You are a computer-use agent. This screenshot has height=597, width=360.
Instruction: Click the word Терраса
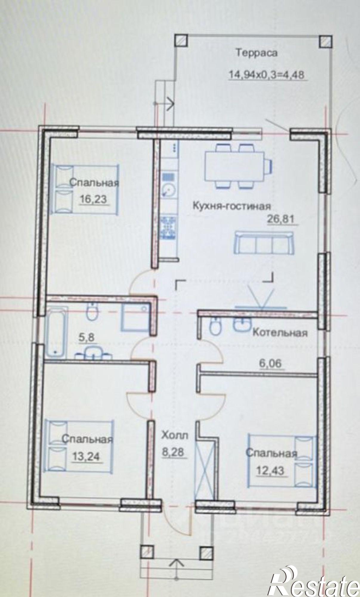[x=257, y=53]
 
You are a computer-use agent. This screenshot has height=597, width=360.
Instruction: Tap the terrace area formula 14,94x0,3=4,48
[x=266, y=75]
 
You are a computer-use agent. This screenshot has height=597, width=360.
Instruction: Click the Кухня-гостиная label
[x=232, y=206]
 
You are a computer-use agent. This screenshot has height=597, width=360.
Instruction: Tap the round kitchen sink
[x=169, y=190]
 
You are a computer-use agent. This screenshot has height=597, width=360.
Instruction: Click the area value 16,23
[x=93, y=199]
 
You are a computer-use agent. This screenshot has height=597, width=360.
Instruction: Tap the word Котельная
[x=280, y=333]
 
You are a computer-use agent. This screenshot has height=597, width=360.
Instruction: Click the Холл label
[x=175, y=436]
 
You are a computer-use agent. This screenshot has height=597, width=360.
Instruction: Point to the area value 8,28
[x=174, y=452]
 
